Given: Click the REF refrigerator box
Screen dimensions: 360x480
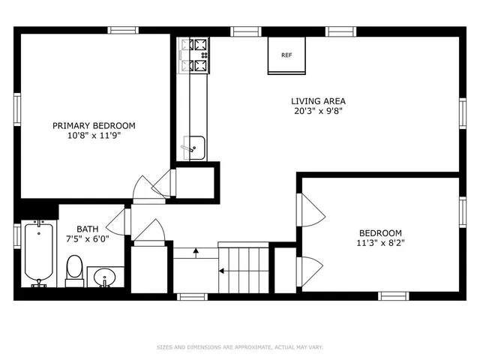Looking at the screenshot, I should (286, 55).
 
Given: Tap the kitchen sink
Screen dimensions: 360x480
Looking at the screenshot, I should (194, 148).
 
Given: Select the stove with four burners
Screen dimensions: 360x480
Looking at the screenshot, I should (195, 56).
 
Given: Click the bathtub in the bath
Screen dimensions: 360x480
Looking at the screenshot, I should (38, 254).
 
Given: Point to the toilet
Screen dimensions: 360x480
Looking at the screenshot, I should (74, 270).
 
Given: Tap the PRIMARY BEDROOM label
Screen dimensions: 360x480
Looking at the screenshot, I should (94, 126).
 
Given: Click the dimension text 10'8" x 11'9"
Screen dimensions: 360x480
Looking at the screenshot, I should (94, 136).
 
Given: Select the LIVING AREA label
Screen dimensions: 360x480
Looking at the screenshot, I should (318, 101).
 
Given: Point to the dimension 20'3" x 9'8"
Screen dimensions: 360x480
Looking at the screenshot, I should (318, 111).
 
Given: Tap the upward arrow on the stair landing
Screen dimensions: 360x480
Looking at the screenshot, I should (196, 253).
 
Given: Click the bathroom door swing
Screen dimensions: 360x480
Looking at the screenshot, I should (116, 220).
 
